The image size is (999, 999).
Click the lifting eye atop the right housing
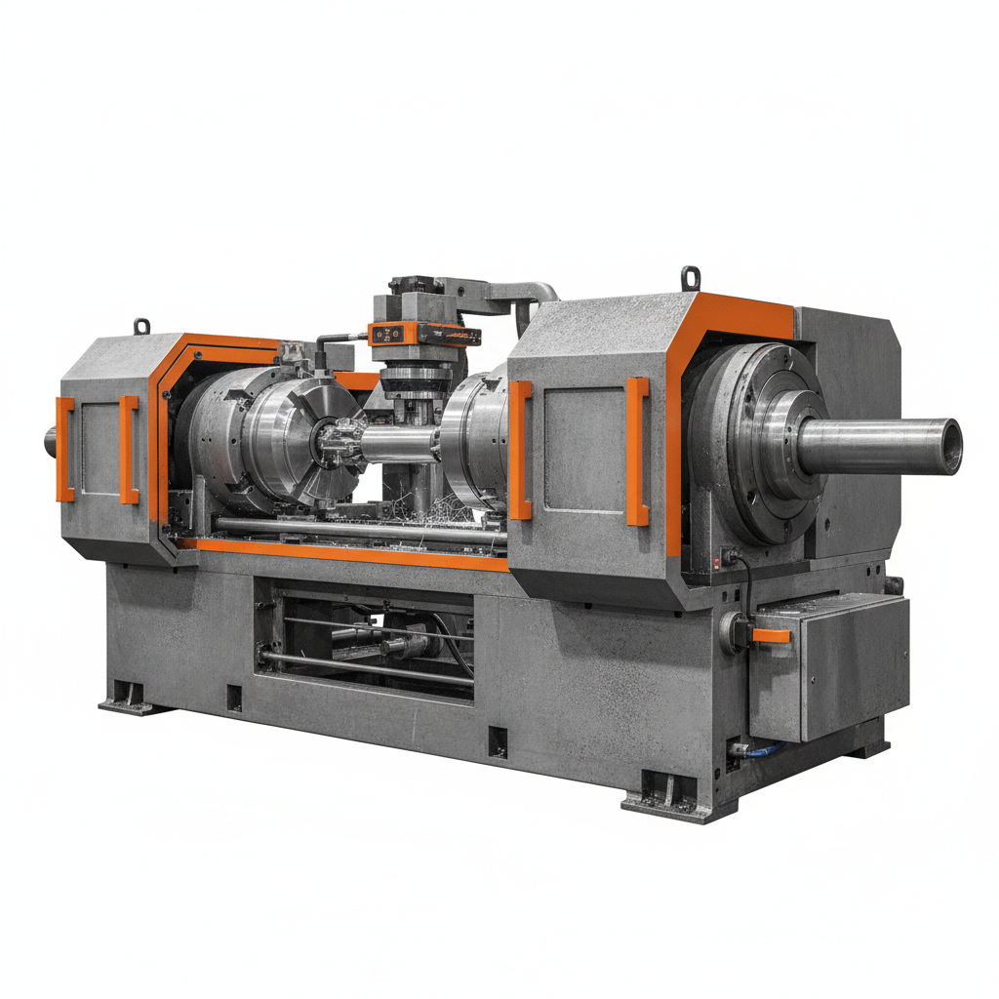pos(691,278)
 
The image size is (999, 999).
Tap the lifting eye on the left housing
pos(142,325)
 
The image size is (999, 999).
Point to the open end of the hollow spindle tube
pos(950,446)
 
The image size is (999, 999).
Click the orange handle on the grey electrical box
pos(771,636)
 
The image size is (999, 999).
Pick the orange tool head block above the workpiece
pos(426,333)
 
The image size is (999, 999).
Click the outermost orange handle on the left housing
pos(64,449)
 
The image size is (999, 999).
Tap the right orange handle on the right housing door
pos(637,451)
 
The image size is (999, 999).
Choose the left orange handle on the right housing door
pos(520,449)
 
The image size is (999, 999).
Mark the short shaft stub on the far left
pos(51,442)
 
